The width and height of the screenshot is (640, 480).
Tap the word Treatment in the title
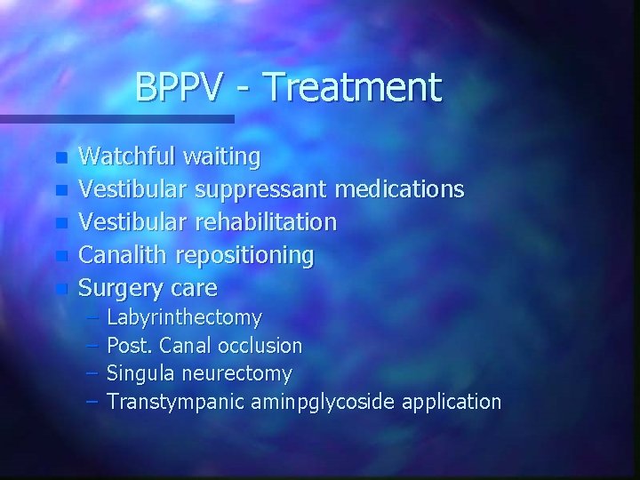click(353, 88)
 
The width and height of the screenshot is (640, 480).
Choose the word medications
click(400, 189)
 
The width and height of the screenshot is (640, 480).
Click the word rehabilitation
click(267, 222)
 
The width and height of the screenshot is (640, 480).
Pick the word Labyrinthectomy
click(184, 318)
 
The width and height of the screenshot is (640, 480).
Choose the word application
click(452, 402)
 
